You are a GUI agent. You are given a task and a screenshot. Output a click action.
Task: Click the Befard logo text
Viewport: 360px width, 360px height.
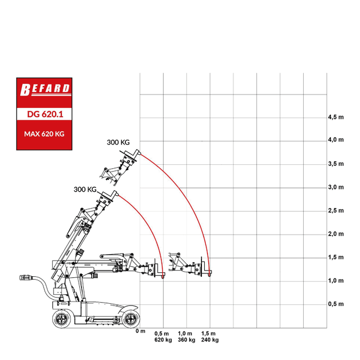click(45, 89)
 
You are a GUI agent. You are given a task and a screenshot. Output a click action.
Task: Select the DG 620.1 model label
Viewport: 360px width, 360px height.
click(45, 114)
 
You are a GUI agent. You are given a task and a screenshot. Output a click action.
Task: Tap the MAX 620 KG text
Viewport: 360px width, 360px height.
click(44, 134)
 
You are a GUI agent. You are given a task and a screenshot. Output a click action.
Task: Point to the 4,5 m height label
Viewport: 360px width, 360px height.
click(336, 118)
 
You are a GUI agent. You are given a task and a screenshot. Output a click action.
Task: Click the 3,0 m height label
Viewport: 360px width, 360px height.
click(336, 187)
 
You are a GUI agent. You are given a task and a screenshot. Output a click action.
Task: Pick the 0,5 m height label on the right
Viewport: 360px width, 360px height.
click(336, 304)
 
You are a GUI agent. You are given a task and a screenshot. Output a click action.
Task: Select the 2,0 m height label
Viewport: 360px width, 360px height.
click(336, 234)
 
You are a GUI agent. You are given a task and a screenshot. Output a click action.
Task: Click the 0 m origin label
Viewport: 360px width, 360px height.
click(141, 331)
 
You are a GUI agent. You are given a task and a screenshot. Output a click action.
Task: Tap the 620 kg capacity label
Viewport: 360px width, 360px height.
click(163, 340)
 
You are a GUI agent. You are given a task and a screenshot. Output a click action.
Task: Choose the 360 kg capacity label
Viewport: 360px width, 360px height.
click(186, 340)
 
